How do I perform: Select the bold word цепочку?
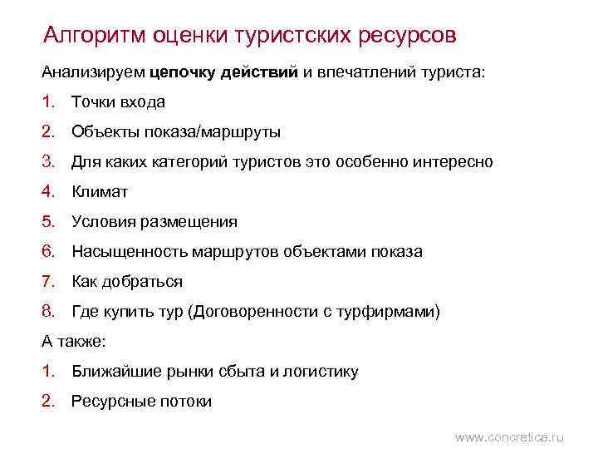[x=183, y=72]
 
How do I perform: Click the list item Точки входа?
[x=118, y=102]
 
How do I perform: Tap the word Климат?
[x=100, y=192]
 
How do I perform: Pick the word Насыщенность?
[x=130, y=252]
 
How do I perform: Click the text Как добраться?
[x=126, y=282]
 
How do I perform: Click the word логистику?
[x=321, y=372]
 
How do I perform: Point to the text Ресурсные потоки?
[x=141, y=402]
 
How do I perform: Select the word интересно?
[x=455, y=162]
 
